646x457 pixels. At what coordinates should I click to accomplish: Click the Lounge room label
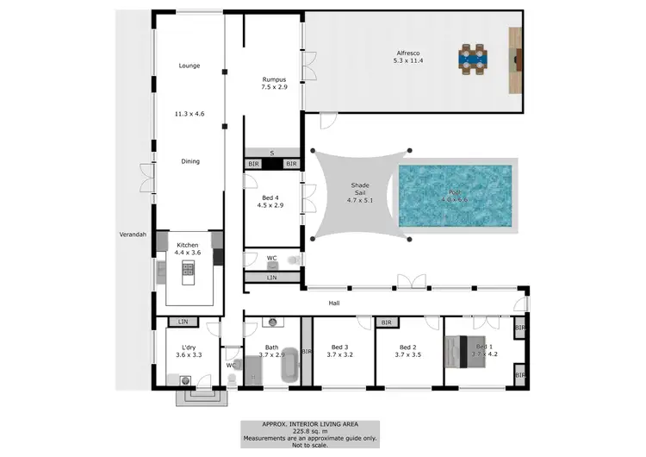189,66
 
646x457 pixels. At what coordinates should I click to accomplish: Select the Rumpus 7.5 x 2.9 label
274,84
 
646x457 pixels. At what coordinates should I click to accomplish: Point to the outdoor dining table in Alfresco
471,57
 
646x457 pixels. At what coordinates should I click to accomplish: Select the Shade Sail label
359,191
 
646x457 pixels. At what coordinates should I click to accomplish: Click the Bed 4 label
270,201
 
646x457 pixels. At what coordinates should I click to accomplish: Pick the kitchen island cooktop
189,273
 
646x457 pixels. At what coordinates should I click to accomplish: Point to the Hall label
335,304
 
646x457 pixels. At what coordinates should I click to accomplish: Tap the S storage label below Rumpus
271,153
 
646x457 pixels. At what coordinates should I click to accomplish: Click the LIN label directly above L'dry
182,322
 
